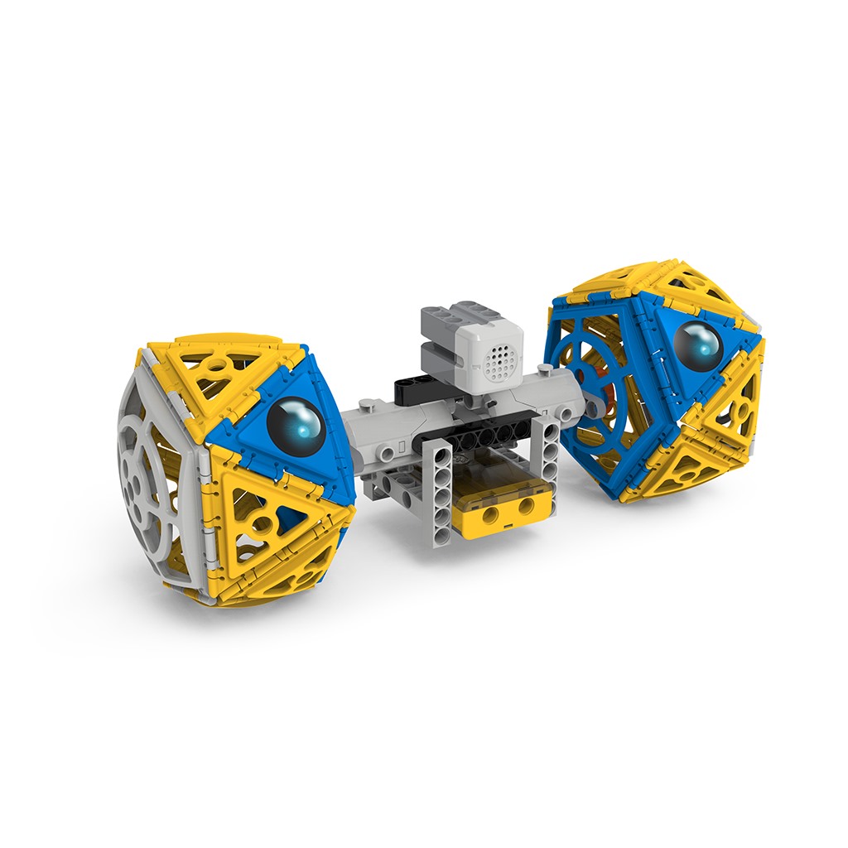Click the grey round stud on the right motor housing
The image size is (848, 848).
[x=564, y=412]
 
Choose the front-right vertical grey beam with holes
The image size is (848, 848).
[x=549, y=460]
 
